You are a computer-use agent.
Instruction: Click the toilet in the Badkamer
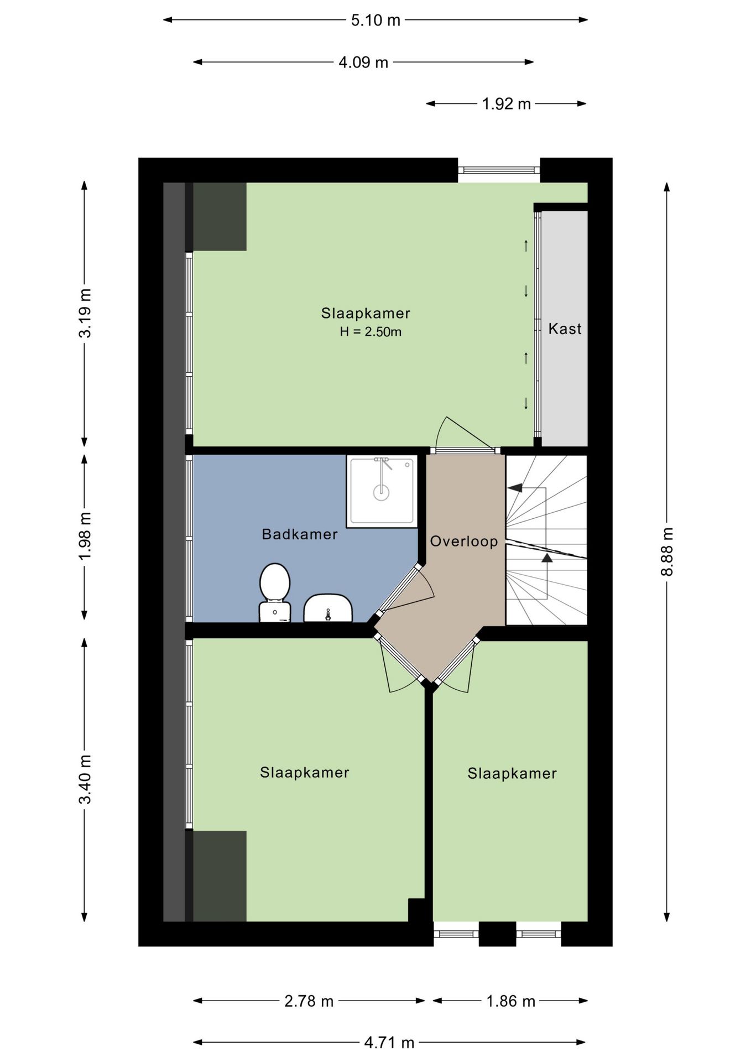tap(275, 592)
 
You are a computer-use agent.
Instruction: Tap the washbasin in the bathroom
tap(328, 608)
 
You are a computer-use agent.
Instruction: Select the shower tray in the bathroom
tap(382, 491)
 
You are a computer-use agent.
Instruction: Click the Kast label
tap(565, 329)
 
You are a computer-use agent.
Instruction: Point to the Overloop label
tap(464, 542)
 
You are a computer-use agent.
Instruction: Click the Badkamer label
tap(300, 534)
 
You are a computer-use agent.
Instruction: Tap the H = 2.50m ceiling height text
tap(371, 332)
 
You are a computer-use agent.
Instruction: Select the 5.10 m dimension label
tap(375, 20)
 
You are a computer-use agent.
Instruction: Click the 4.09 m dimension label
tap(363, 63)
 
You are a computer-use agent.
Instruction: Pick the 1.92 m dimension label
tap(506, 104)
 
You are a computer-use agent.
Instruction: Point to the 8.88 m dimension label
tap(667, 551)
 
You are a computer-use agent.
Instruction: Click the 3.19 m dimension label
tap(85, 313)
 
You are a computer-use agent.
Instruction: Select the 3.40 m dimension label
tap(85, 779)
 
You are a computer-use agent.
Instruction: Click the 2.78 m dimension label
tap(309, 1001)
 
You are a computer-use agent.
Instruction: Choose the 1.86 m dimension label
tap(511, 1001)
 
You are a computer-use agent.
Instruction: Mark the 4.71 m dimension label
tap(389, 1043)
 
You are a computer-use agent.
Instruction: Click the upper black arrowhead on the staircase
tap(515, 488)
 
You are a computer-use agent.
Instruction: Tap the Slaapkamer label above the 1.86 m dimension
tap(512, 773)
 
